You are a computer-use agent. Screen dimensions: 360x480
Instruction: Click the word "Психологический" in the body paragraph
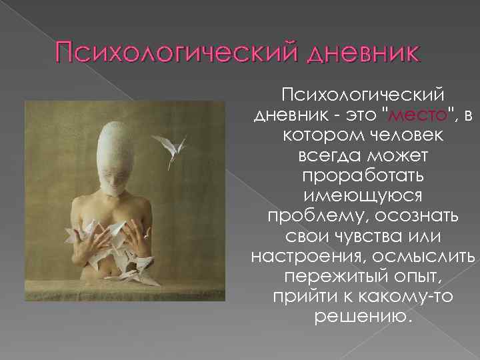click(363, 93)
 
